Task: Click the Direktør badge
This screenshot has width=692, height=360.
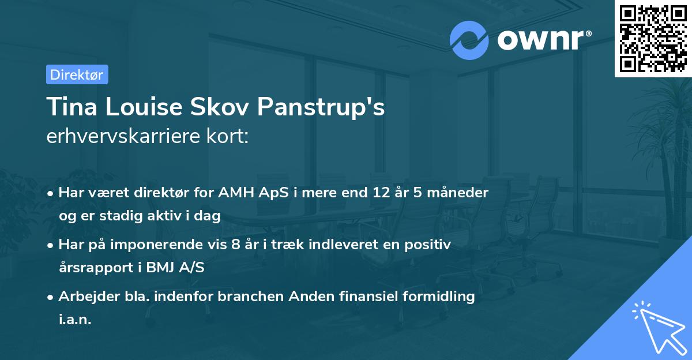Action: coord(77,74)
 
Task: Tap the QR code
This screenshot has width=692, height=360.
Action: coord(653,39)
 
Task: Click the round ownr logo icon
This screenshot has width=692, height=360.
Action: coord(469,40)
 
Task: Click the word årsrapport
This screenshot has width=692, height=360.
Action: coord(95,268)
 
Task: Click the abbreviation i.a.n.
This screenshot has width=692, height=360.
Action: coord(75,320)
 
